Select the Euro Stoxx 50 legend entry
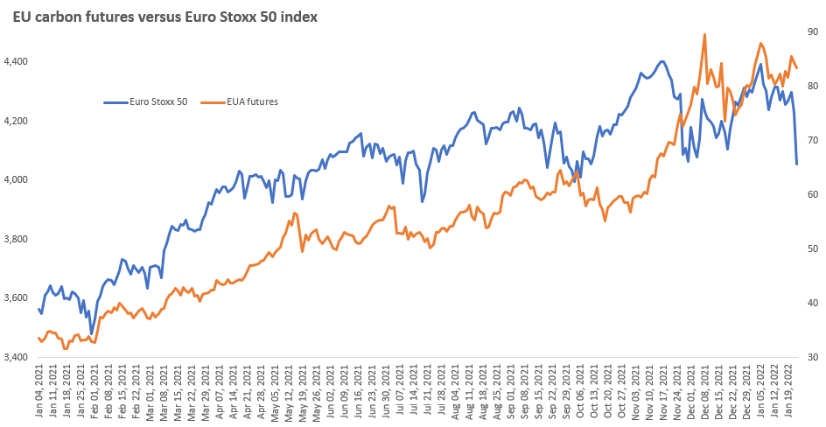click(145, 101)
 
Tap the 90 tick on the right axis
click(813, 31)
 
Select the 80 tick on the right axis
click(813, 86)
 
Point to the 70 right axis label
click(813, 140)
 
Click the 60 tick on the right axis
click(813, 194)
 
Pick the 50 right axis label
click(813, 248)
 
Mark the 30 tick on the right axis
click(813, 357)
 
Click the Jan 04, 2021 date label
click(38, 388)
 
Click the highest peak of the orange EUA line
click(704, 35)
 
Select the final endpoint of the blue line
click(796, 164)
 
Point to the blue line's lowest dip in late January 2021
click(91, 333)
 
